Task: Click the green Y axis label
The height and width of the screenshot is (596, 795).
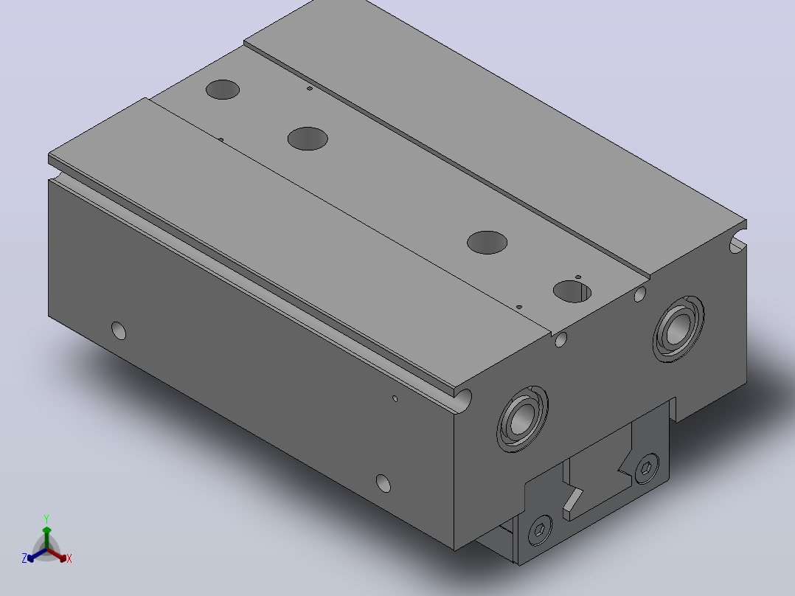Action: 46,519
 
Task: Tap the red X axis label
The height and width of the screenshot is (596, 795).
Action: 69,558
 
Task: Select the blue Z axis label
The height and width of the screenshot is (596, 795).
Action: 24,558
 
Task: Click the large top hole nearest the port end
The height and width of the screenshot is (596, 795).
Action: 572,291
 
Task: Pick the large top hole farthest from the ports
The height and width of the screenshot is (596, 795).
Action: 223,89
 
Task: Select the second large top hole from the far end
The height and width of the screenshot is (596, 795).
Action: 308,139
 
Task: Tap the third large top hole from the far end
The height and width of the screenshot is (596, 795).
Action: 487,243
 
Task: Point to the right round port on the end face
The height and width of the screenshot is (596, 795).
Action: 678,329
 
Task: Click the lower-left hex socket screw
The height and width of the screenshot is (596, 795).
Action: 540,530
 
